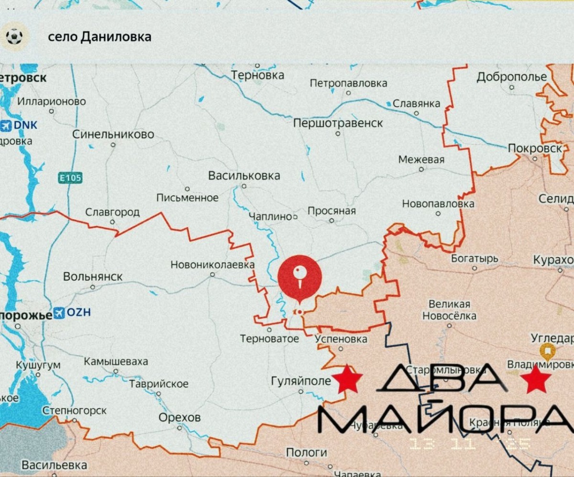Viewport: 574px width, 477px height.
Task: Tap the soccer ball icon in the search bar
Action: [x=14, y=36]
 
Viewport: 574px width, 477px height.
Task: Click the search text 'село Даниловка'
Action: [x=99, y=37]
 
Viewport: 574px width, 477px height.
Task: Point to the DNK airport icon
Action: [x=6, y=125]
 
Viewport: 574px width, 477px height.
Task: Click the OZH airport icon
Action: [x=59, y=313]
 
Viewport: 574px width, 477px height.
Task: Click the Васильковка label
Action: [x=244, y=176]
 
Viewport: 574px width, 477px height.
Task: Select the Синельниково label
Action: [x=113, y=134]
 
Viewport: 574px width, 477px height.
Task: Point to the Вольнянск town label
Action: [x=93, y=277]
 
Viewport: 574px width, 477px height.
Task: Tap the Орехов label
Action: [x=180, y=417]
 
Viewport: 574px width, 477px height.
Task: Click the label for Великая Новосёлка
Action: [x=449, y=310]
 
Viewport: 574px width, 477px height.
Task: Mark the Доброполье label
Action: [x=511, y=77]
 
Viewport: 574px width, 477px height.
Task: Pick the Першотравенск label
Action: [x=338, y=123]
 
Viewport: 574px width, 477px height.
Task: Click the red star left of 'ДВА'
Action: [x=347, y=379]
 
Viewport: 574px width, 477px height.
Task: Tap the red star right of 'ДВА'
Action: [x=536, y=379]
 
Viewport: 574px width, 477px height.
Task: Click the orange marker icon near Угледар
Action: [x=547, y=352]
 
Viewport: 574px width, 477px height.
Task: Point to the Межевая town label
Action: [x=421, y=160]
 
